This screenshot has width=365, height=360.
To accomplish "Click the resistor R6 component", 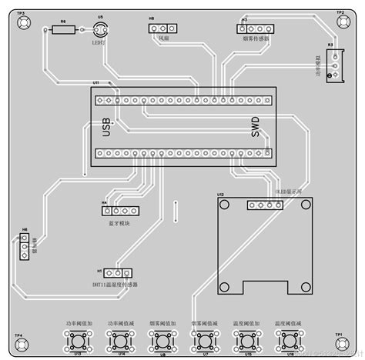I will (x=64, y=30).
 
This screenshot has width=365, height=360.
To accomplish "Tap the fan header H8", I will (x=163, y=27).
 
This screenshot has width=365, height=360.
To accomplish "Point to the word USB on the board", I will (x=107, y=128).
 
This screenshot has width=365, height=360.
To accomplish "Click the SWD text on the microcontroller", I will (x=256, y=128).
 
